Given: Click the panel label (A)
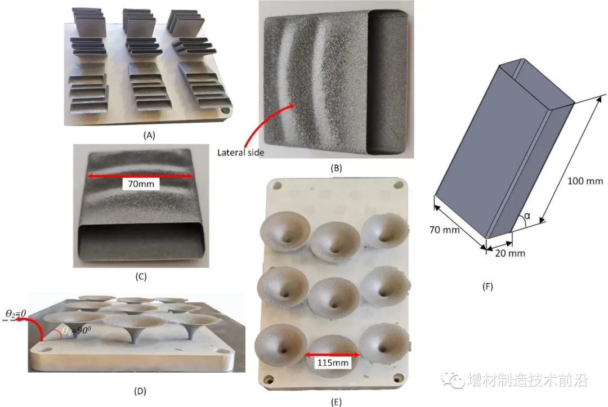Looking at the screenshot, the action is click(x=149, y=135).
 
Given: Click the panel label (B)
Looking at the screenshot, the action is click(x=336, y=168).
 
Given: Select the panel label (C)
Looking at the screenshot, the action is click(x=141, y=276).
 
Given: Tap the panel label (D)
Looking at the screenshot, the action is click(x=140, y=391).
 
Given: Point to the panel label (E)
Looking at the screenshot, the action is click(x=336, y=402).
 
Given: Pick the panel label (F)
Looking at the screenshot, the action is click(x=488, y=287).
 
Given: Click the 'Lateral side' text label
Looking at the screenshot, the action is click(x=240, y=153).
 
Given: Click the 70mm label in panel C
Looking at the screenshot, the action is click(x=141, y=184).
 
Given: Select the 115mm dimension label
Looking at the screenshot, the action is click(x=333, y=363).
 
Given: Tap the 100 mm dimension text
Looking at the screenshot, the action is click(x=585, y=181).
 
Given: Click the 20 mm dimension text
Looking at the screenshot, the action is click(x=510, y=253).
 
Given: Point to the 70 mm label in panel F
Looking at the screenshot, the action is click(x=444, y=230).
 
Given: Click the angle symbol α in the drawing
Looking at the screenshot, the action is click(x=527, y=216).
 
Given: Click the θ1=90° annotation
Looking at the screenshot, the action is click(x=77, y=331).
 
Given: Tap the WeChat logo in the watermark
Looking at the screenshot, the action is click(x=453, y=379).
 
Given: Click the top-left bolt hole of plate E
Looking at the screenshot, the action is click(x=276, y=185).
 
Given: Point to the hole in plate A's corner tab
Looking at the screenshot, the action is click(x=225, y=110).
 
